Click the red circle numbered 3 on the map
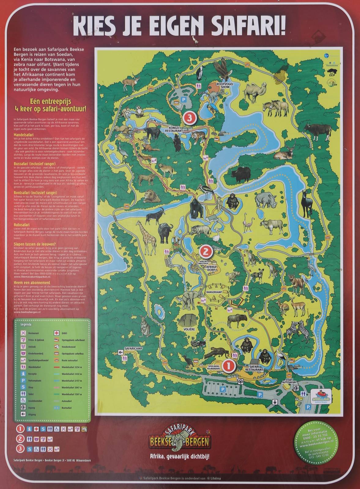(189, 117)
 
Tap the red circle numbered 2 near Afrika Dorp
(206, 251)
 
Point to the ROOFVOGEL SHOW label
(223, 85)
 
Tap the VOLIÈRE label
(189, 330)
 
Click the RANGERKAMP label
(217, 291)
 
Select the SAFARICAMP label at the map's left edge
(134, 348)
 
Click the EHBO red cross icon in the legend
(56, 333)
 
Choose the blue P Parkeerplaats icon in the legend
(23, 381)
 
